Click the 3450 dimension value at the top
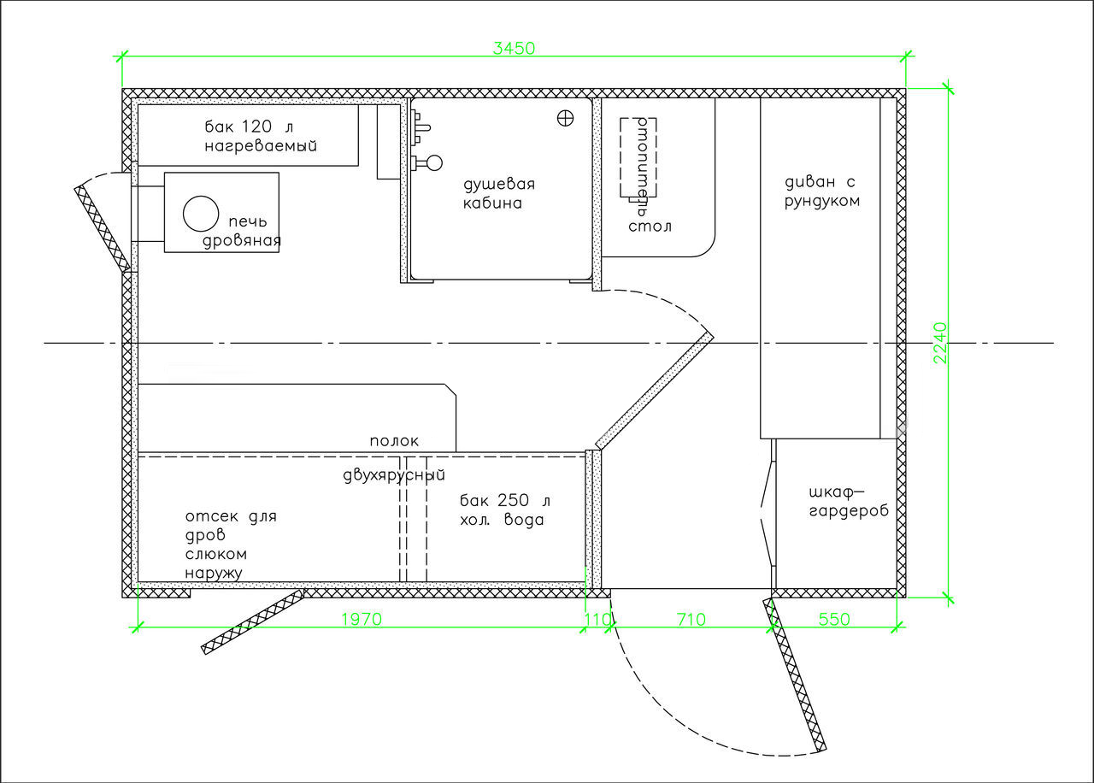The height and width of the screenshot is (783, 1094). coord(514,49)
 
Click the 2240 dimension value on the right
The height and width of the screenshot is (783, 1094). coord(940,343)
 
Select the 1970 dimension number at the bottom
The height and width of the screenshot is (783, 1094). coord(362,620)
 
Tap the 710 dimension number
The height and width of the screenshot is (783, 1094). coord(691,620)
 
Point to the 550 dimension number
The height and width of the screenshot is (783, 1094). coord(834,620)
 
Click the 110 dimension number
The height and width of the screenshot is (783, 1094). coord(597,620)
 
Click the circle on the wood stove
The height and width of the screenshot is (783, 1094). coord(201,214)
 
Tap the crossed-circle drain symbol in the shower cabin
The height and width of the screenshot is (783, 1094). coord(565,118)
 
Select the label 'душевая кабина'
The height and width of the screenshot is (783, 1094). coord(499,193)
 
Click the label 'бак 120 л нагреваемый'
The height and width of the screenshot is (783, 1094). coord(261,136)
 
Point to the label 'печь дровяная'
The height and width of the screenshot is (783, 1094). coord(242,232)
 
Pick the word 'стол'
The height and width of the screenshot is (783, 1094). coord(650,227)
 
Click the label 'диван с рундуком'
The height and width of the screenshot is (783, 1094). coord(822,191)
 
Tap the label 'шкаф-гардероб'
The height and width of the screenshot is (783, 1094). coord(849,502)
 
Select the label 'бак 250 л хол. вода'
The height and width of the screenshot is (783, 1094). coord(505,510)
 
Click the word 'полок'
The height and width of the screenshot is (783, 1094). coord(394,441)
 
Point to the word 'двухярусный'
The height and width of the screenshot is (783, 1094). coord(394,475)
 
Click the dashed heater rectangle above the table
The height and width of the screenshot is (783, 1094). coord(638,157)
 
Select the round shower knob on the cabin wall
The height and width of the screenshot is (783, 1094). coord(434,163)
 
